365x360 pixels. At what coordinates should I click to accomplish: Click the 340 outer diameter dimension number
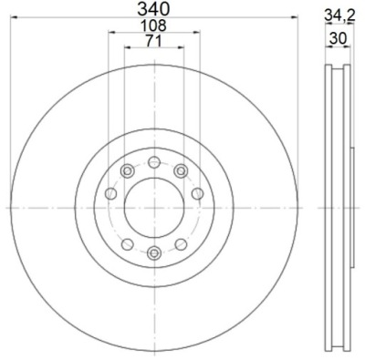[153, 9]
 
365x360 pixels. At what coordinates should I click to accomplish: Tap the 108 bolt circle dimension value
[153, 26]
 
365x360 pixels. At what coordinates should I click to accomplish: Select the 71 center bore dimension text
[153, 41]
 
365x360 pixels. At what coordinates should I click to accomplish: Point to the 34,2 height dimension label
[339, 15]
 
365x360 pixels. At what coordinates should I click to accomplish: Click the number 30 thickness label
[338, 39]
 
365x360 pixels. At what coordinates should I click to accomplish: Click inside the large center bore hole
[154, 208]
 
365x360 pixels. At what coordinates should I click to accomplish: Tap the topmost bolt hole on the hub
[154, 162]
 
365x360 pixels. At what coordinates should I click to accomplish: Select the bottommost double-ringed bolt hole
[154, 252]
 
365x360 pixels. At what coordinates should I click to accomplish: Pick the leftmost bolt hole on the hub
[110, 193]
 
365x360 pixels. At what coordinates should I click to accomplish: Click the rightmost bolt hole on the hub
[198, 193]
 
